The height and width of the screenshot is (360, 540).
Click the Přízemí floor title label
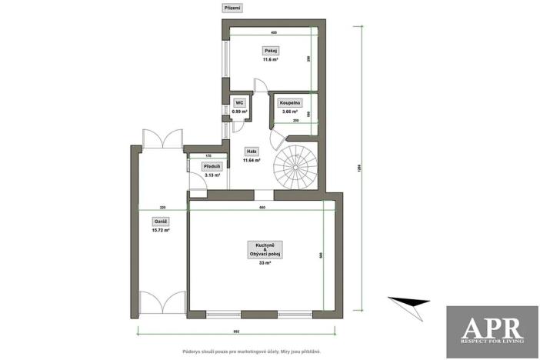coord(232,8)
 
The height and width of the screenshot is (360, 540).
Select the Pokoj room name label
coord(270,51)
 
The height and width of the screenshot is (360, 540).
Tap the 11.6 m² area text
coord(270,59)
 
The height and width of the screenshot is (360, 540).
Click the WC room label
coord(239,102)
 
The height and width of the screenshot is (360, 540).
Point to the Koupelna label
coord(290,102)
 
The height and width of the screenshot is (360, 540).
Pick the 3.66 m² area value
coord(290,112)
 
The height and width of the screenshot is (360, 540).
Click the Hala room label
coord(252,152)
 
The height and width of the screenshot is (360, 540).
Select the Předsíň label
coord(212,166)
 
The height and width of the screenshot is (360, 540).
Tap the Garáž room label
coord(161,222)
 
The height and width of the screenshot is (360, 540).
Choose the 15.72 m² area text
coord(161,230)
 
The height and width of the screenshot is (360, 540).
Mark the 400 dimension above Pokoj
coord(274,33)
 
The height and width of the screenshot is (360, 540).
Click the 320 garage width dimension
coord(163,208)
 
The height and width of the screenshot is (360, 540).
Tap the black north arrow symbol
coord(409,303)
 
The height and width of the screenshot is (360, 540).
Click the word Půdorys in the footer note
coord(192,351)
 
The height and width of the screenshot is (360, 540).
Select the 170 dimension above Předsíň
coord(208,155)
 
